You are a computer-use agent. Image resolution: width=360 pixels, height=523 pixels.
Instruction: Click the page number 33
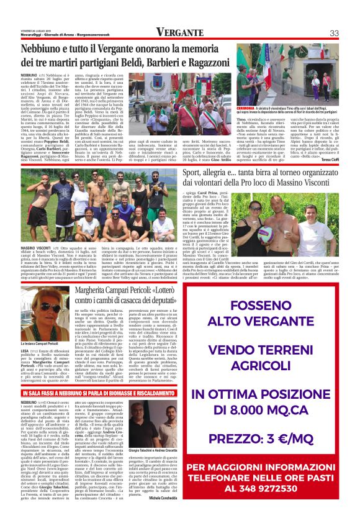333,33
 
